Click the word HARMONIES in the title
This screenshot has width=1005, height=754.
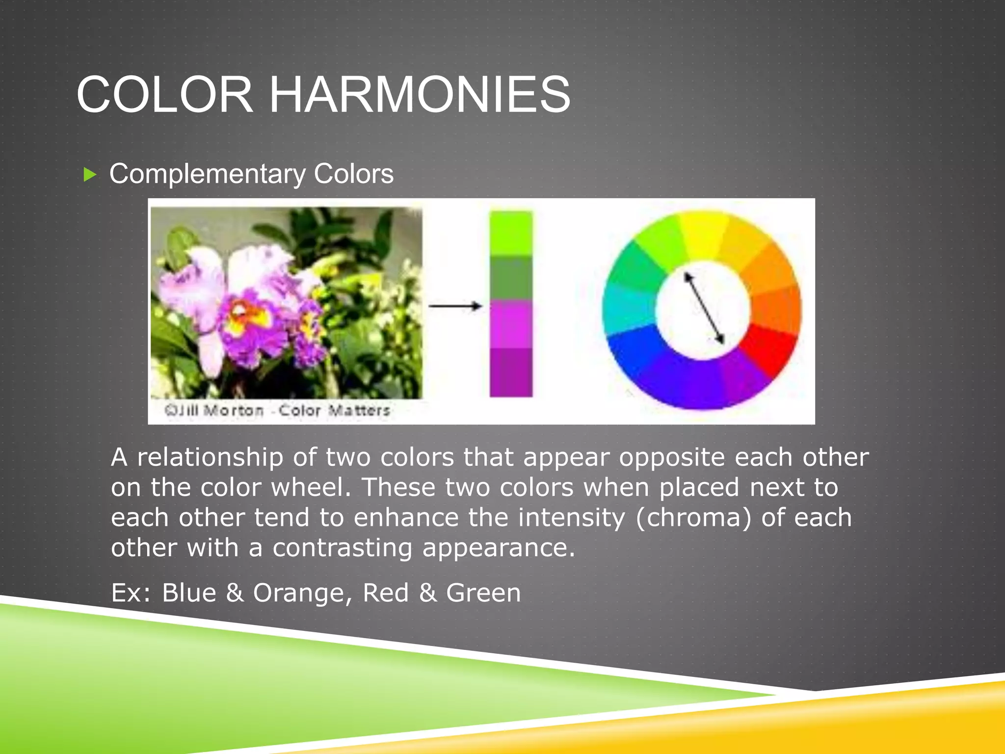pyautogui.click(x=420, y=94)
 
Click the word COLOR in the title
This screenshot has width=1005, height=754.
pyautogui.click(x=165, y=94)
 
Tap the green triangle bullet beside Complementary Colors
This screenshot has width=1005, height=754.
pyautogui.click(x=90, y=174)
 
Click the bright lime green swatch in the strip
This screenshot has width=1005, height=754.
pyautogui.click(x=511, y=234)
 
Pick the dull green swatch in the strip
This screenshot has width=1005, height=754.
pyautogui.click(x=511, y=278)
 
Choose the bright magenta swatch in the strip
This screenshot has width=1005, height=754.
pyautogui.click(x=511, y=324)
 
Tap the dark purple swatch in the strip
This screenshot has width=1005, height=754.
pyautogui.click(x=511, y=372)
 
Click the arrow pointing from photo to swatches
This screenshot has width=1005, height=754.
pyautogui.click(x=455, y=306)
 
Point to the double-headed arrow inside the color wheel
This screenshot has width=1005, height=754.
pyautogui.click(x=704, y=308)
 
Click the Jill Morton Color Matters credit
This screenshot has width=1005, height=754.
pyautogui.click(x=277, y=410)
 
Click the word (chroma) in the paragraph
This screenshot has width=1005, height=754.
pyautogui.click(x=693, y=518)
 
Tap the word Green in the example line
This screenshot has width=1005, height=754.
pyautogui.click(x=483, y=593)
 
